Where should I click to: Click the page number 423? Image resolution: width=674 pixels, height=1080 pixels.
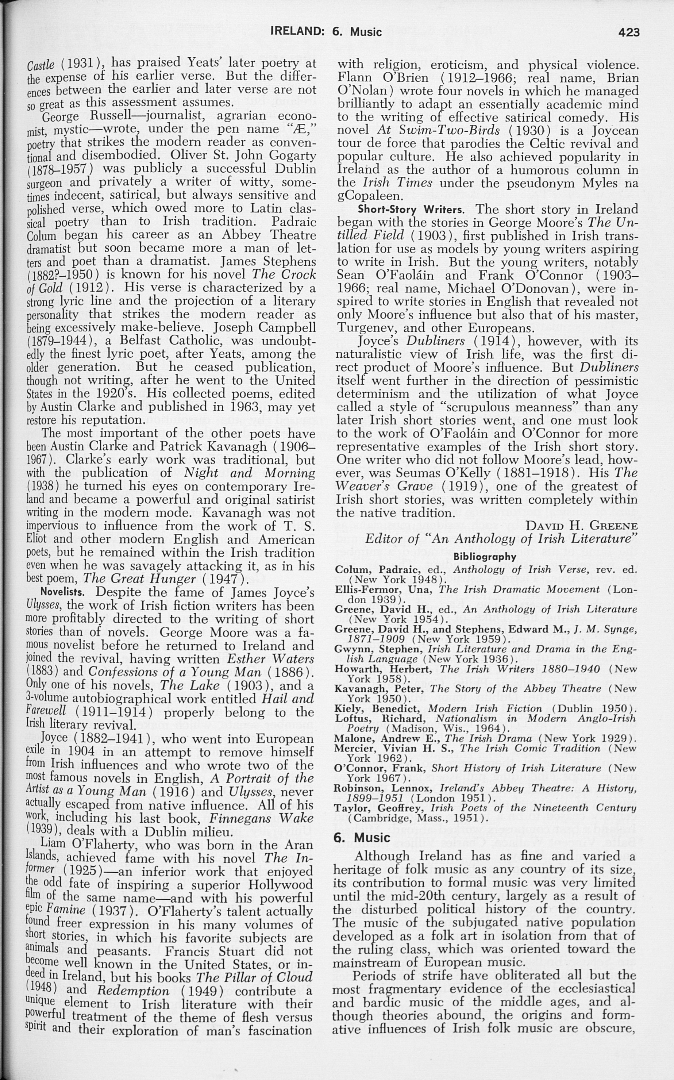click(x=628, y=32)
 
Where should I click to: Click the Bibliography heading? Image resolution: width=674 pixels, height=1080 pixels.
click(x=485, y=557)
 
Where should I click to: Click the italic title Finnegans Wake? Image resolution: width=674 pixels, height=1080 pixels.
click(x=261, y=819)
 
